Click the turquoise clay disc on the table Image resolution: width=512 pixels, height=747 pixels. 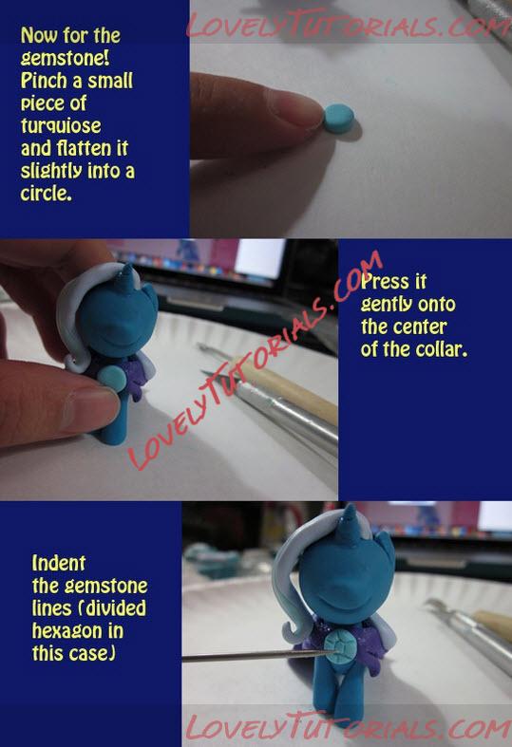[339, 118]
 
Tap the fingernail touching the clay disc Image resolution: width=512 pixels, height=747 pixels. [294, 106]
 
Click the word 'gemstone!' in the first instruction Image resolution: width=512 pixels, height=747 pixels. [66, 58]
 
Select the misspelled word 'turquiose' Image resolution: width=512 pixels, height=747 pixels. [61, 126]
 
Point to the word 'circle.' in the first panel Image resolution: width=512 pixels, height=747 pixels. [47, 193]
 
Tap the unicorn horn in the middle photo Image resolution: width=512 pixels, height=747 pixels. [127, 279]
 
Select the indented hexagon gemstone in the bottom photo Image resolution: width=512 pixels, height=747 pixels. [339, 644]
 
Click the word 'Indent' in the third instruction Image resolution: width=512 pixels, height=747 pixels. [59, 563]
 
